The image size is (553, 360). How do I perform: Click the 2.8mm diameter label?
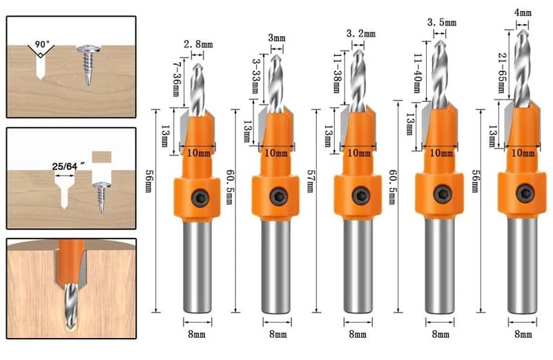[x=198, y=44]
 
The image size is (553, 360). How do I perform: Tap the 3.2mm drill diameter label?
[x=361, y=34]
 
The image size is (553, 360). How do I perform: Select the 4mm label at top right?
[x=523, y=13]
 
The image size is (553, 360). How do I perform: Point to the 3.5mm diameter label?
[x=442, y=23]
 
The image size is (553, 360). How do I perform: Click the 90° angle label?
[x=42, y=44]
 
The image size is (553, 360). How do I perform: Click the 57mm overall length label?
[x=311, y=181]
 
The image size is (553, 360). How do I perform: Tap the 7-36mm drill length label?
[x=176, y=79]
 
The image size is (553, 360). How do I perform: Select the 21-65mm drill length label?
[x=501, y=73]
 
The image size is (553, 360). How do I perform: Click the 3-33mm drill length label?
[x=256, y=76]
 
